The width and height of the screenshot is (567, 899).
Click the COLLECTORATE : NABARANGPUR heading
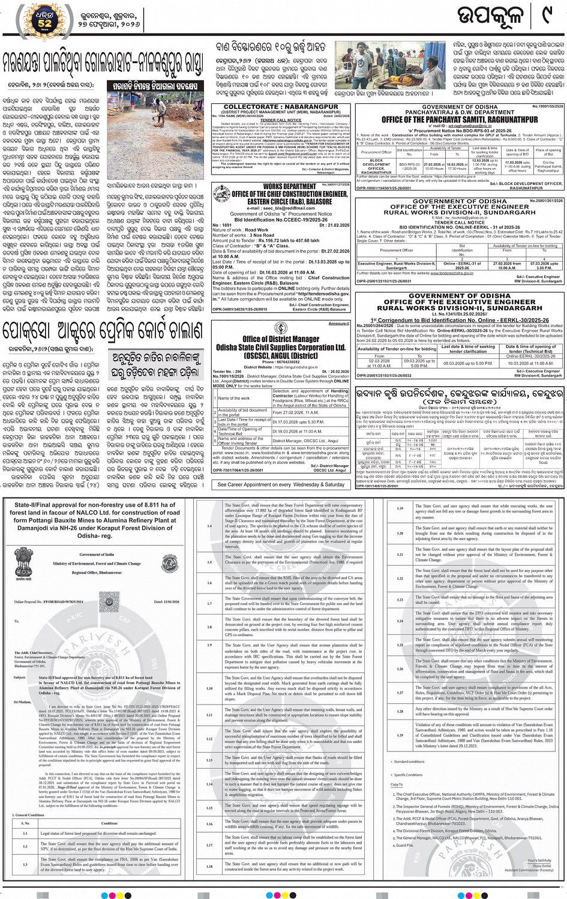280,106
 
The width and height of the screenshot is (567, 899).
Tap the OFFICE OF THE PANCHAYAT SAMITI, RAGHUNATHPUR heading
460,119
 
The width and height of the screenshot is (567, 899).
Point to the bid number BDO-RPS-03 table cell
410,165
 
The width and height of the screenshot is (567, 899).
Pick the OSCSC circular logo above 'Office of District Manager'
280,328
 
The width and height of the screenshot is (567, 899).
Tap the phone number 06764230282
280,362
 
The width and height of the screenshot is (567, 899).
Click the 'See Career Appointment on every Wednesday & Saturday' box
280,484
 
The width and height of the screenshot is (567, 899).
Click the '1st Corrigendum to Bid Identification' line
460,320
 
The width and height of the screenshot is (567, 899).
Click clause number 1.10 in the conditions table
209,688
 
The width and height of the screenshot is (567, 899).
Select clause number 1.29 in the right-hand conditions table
400,734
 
